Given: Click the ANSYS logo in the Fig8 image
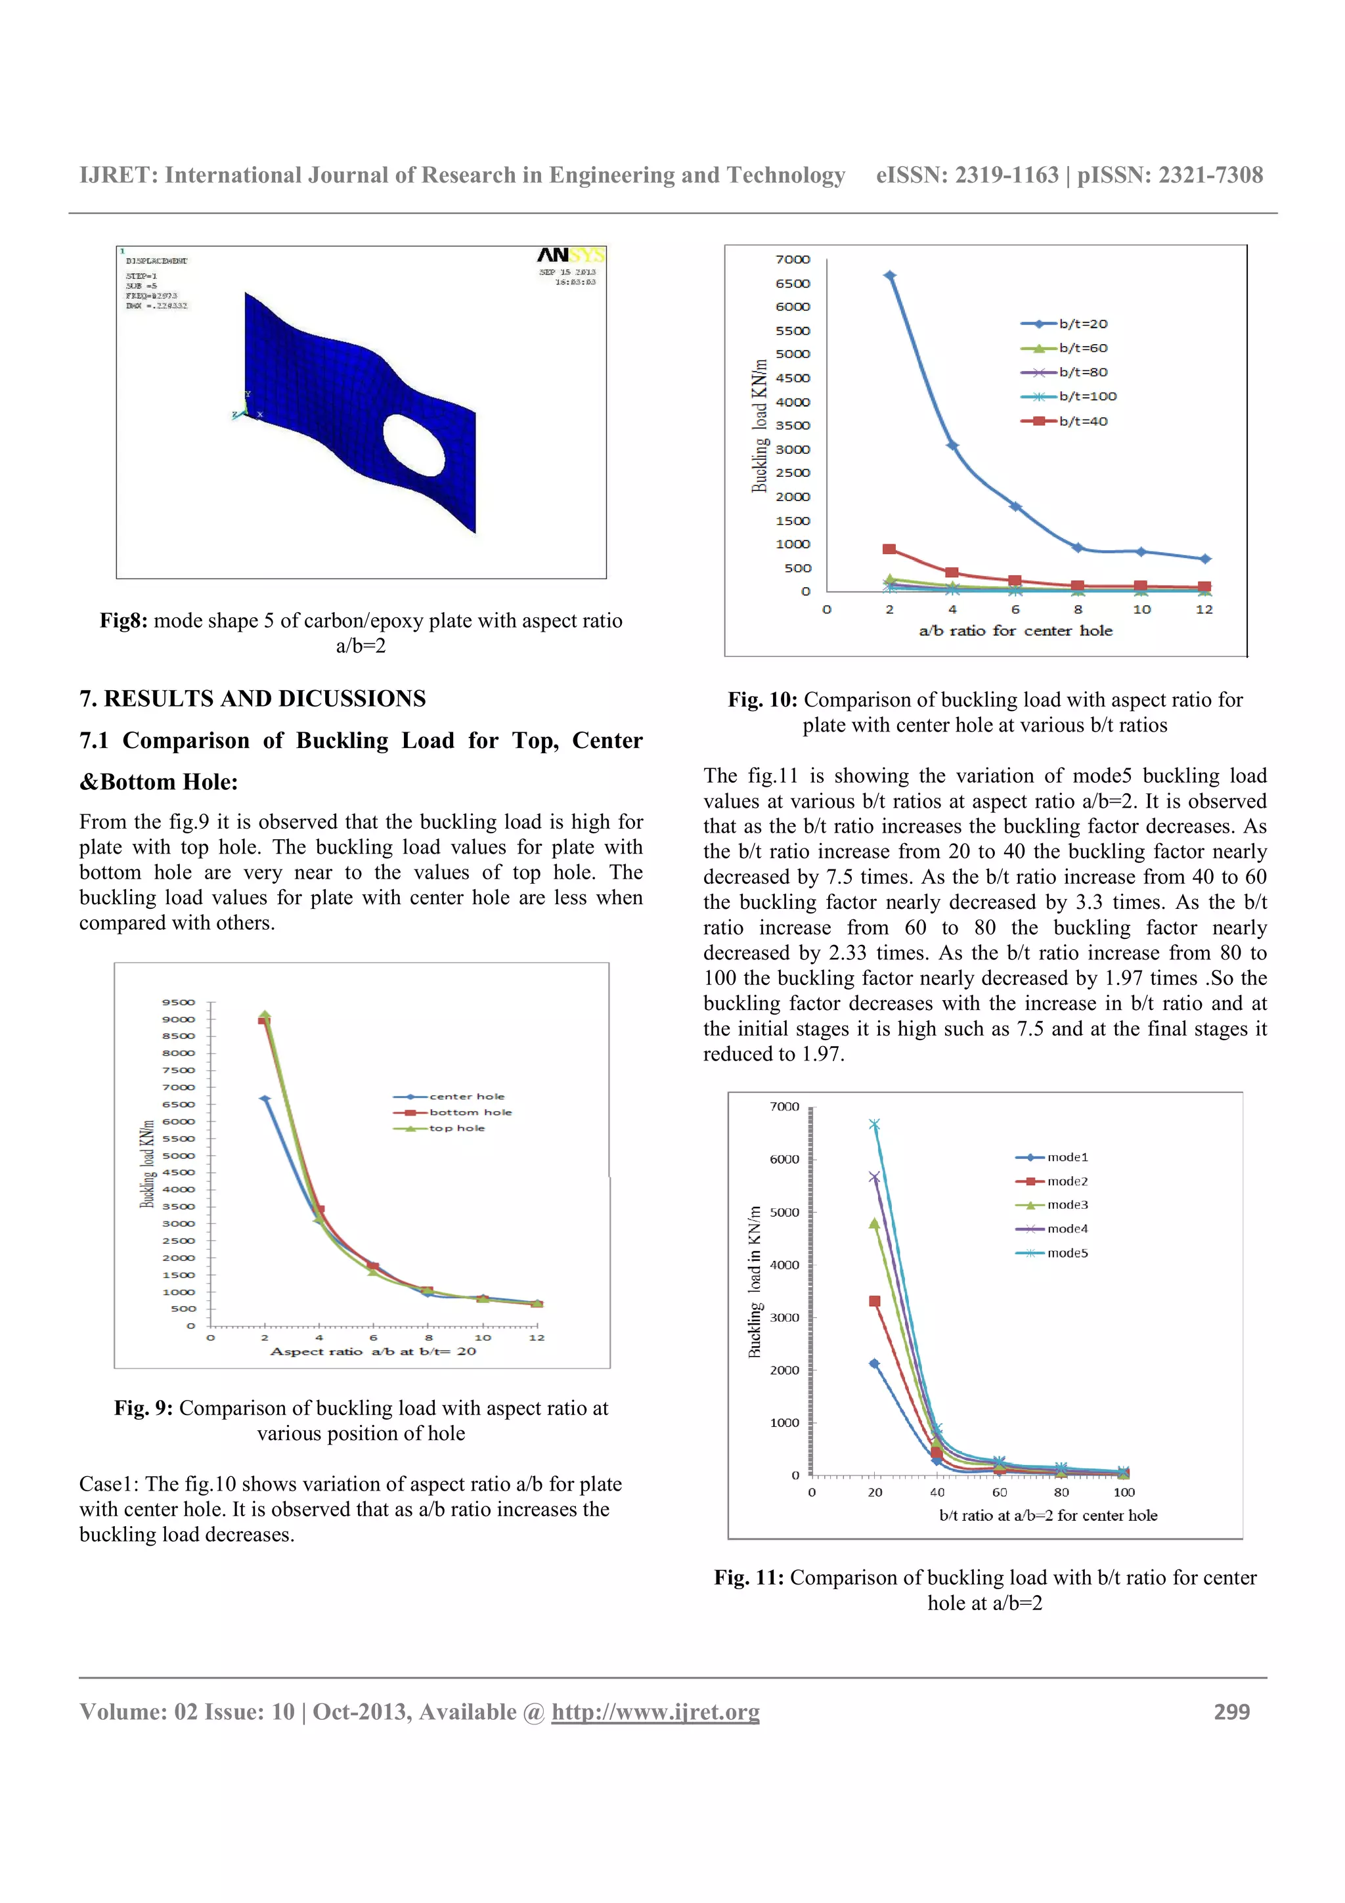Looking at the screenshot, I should coord(570,255).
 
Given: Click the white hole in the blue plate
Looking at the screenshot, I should coord(414,445).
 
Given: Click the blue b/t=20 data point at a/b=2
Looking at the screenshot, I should coord(890,276).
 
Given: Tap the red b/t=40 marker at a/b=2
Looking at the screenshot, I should coord(889,550).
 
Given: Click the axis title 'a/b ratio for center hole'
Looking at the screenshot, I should coord(1015,631).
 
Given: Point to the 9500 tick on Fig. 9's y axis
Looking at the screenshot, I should coord(178,1002).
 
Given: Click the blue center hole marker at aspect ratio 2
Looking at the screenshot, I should coord(265,1099).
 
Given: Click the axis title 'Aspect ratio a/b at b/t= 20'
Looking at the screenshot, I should coord(373,1352).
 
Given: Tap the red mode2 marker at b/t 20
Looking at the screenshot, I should coord(874,1301).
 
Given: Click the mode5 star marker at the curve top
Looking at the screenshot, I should coord(874,1125).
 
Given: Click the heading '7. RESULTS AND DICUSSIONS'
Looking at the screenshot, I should coord(252,699).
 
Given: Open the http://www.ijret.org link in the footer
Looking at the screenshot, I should coord(655,1711).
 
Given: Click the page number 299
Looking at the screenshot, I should coord(1231,1711).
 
